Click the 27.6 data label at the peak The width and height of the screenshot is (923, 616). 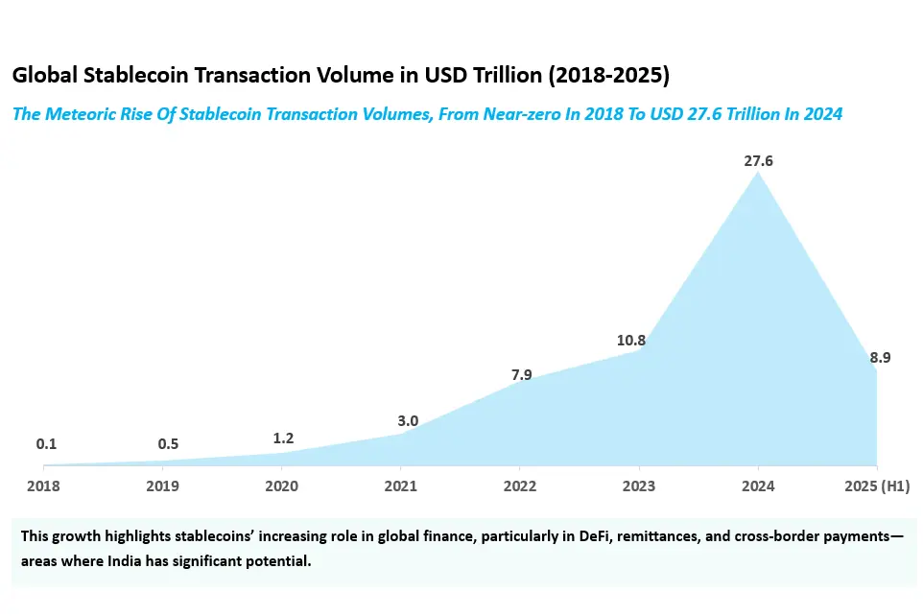pos(758,161)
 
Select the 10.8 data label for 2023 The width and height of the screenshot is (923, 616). pos(630,340)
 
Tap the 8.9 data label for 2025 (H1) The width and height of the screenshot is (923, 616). pos(880,358)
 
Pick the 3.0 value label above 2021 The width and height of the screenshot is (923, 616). pos(408,420)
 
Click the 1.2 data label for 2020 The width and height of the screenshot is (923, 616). pos(283,438)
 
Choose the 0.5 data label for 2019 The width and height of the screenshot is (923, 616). pos(169,443)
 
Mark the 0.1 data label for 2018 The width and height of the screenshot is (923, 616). pos(46,443)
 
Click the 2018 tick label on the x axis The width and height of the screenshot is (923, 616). pos(43,486)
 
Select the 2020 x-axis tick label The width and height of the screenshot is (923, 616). pos(281,486)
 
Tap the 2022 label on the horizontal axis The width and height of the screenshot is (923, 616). pos(519,486)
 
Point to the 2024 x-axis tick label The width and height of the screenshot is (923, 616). pos(758,486)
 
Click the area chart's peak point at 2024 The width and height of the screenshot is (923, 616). pos(758,174)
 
